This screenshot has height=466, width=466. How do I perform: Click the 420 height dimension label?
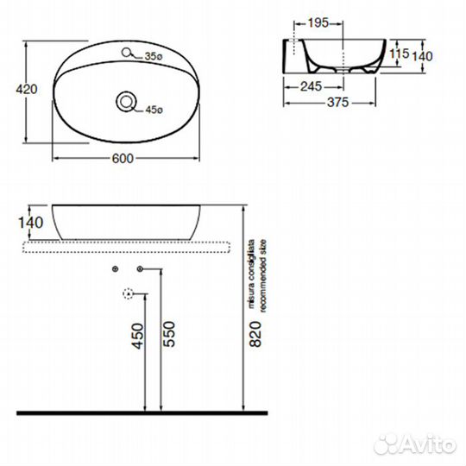pos(27,89)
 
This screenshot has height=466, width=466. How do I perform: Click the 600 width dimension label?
pos(123,159)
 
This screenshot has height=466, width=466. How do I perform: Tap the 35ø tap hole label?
pos(154,56)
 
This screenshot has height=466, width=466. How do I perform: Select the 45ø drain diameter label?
pos(154,110)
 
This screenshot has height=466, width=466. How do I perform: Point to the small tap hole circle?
pos(126,53)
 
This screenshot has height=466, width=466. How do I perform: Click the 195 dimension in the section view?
pos(318,23)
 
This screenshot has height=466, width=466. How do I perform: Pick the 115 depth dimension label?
pos(400,54)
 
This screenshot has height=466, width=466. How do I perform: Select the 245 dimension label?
pos(311,86)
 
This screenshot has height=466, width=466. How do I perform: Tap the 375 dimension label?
pos(337,103)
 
